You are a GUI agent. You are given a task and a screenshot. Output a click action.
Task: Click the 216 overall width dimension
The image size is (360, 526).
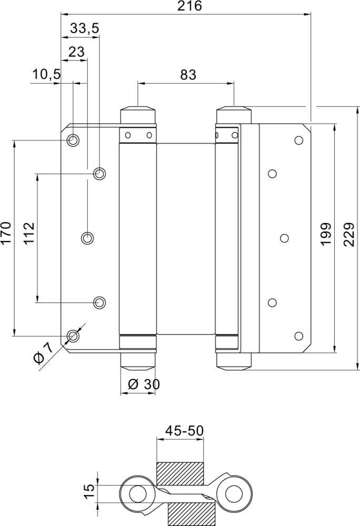click(189, 6)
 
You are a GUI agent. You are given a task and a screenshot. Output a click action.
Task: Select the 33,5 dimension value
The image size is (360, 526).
click(85, 29)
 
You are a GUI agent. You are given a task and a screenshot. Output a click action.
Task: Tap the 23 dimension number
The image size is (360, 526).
click(76, 52)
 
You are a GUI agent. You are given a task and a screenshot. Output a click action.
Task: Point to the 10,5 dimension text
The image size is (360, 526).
click(46, 74)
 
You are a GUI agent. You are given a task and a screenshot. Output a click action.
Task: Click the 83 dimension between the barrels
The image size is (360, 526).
click(188, 75)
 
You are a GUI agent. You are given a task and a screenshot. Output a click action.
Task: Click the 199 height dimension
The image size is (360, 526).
click(326, 234)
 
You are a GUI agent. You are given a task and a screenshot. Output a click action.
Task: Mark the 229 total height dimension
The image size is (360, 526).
click(349, 234)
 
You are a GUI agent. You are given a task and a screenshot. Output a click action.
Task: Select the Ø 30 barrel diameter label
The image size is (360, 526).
click(144, 384)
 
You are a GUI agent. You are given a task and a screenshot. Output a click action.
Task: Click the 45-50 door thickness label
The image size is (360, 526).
click(184, 430)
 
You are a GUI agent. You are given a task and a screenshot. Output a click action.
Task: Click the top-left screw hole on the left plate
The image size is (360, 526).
click(73, 140)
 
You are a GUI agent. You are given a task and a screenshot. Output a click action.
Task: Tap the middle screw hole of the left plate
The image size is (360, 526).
click(87, 238)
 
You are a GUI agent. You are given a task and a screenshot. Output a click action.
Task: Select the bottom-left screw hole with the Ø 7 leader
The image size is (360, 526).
click(73, 336)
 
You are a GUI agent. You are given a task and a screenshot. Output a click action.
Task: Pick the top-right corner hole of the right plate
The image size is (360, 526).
click(298, 140)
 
